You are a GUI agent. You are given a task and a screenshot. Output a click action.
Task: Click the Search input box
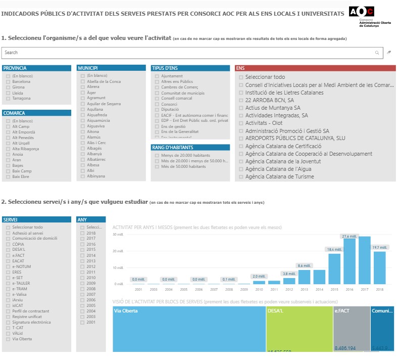[x=187, y=53]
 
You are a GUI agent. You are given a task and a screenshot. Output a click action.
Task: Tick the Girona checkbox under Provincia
[x=8, y=87]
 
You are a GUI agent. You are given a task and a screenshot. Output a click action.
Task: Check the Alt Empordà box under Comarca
[x=8, y=132]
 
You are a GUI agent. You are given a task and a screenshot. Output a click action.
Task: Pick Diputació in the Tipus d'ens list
[x=157, y=109]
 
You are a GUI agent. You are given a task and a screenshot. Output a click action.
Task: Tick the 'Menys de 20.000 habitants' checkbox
[x=157, y=155]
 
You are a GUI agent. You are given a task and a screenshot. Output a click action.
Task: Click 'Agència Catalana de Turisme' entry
[x=279, y=176]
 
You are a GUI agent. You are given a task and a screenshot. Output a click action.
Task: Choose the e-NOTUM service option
[x=8, y=266]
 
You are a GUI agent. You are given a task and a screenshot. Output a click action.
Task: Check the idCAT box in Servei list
[x=8, y=305]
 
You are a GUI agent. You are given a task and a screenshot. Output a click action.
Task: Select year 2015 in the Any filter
[x=82, y=249]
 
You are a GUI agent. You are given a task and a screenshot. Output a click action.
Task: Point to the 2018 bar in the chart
[x=379, y=267]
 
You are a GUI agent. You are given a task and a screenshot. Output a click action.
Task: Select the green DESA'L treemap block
[x=299, y=329]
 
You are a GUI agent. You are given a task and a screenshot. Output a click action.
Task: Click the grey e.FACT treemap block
[x=352, y=329]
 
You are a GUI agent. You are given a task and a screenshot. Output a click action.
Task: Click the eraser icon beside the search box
[x=389, y=53]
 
